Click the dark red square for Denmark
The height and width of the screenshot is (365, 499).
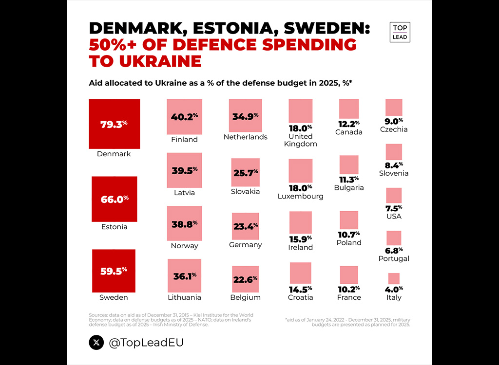coord(114,124)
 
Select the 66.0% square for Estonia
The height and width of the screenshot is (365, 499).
coord(114,199)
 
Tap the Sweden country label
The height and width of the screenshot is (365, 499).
coord(114,297)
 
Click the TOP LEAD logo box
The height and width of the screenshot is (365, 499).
coord(400,32)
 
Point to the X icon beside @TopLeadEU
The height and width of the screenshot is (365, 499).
coord(96,343)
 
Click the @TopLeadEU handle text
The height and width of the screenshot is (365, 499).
coord(146,343)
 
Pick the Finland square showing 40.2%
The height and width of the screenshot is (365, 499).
coord(184,117)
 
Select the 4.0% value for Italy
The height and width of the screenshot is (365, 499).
coord(394,289)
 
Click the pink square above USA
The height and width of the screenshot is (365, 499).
coord(394,196)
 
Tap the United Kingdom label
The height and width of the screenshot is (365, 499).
coord(300,140)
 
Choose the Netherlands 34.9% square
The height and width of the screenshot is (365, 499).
coord(246,116)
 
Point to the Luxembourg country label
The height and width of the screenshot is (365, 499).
coord(300,197)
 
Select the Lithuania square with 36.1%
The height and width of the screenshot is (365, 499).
coord(184,275)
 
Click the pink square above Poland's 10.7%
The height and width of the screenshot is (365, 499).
coord(349,220)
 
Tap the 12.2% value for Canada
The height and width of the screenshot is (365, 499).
coord(349,124)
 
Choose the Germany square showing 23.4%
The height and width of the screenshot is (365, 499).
coord(246,226)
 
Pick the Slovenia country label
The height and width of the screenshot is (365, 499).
coord(394,173)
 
